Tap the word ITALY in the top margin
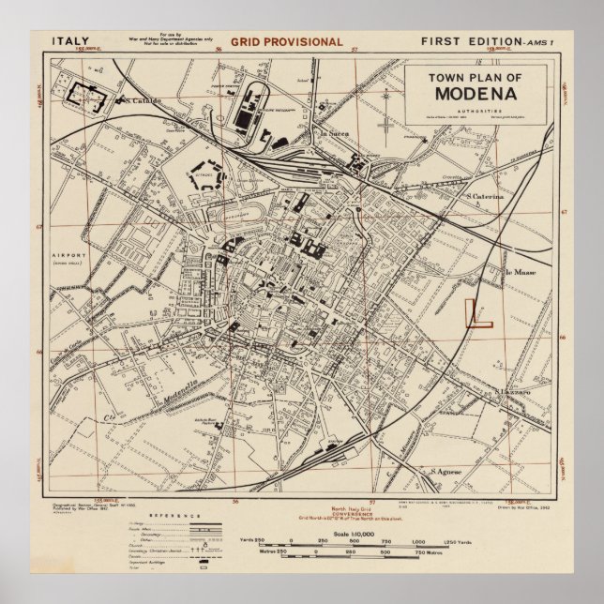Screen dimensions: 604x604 [x=71, y=41]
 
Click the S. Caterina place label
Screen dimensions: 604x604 [x=486, y=197]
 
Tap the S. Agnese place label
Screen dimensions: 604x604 [x=449, y=472]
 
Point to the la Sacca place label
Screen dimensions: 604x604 [x=335, y=135]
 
